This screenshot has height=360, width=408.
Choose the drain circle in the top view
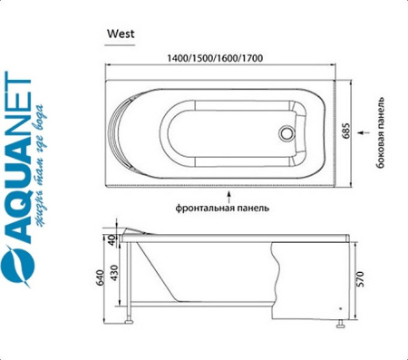click(290, 131)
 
